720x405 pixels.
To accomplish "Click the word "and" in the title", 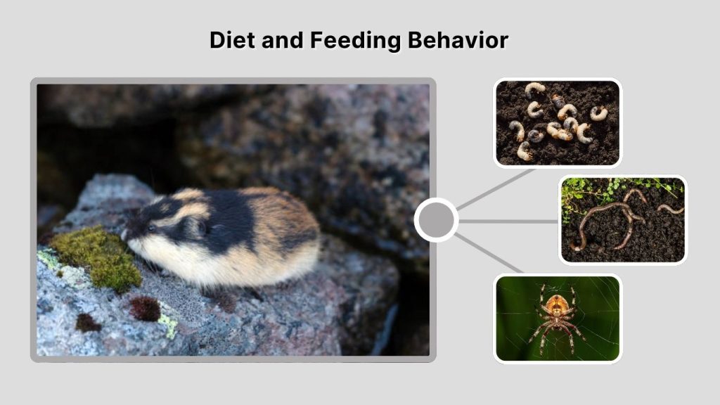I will [x=280, y=40].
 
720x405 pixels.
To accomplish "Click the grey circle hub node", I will [x=436, y=220].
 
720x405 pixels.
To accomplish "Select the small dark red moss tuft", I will [x=145, y=307].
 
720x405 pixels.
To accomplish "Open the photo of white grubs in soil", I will [x=558, y=123].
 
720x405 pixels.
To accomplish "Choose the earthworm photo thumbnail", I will [x=622, y=219].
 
